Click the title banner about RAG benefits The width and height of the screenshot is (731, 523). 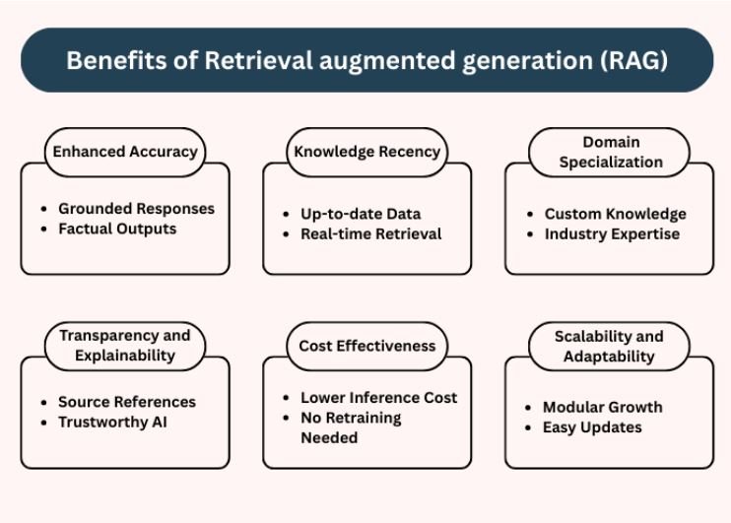[365, 60]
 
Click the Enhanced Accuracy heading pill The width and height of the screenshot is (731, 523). [125, 152]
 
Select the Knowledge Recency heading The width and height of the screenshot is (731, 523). [366, 152]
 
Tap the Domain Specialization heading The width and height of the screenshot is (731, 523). [610, 153]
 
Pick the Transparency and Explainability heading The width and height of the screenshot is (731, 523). [125, 346]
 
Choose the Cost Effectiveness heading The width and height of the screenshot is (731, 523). [366, 346]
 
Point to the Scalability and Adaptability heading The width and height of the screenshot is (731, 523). [609, 346]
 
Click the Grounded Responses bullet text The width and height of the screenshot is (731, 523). [136, 209]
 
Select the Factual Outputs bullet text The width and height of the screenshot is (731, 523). [117, 229]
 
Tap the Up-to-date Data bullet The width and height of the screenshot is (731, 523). [361, 214]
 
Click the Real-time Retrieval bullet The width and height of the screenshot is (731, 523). [370, 233]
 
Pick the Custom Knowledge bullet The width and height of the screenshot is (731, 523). [615, 214]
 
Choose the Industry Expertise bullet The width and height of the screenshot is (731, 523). [612, 233]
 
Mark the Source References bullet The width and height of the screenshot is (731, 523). [127, 402]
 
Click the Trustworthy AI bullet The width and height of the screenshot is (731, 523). [112, 422]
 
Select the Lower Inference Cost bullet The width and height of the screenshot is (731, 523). [378, 398]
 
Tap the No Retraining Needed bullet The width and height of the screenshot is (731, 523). [350, 427]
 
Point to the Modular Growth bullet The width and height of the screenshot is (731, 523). [602, 407]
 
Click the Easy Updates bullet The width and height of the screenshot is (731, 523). [592, 427]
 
